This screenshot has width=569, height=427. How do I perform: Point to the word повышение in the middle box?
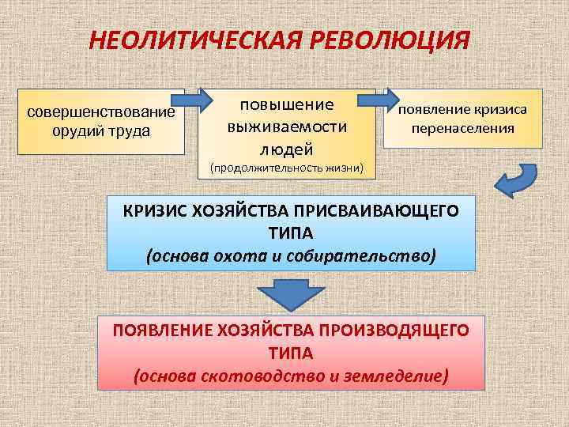(287, 105)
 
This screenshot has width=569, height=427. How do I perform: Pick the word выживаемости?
(287, 127)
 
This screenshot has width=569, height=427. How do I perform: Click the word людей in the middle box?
(287, 148)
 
